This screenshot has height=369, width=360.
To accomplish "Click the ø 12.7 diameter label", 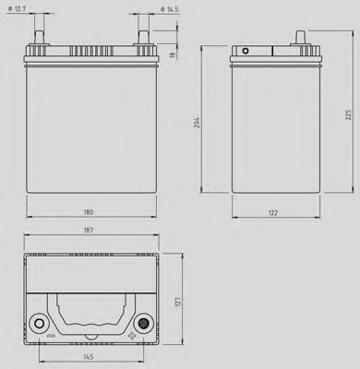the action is [17, 9].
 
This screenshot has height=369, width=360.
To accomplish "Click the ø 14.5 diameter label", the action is [170, 9].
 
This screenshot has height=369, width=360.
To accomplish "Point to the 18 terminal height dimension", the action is [173, 54].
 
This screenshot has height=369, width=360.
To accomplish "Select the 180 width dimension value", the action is [89, 212].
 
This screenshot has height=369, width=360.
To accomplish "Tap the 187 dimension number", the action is [89, 230].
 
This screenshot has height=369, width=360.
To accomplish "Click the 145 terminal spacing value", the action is [89, 357].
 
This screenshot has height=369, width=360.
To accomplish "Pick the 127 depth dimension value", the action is [178, 302].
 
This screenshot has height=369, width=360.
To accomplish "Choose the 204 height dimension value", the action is [198, 122].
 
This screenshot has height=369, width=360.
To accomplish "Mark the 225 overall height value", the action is [349, 114].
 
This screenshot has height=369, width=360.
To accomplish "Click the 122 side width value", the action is [273, 213].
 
